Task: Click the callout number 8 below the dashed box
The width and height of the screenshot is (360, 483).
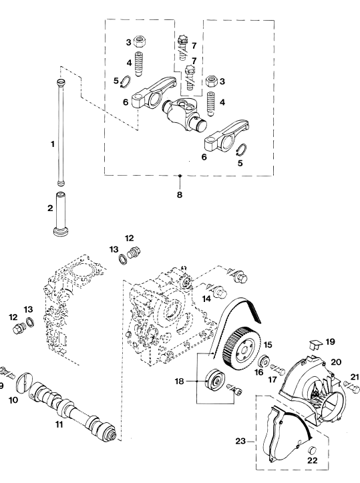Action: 180,195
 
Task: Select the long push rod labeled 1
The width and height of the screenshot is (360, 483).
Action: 61,132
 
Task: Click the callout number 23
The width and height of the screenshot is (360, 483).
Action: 240,442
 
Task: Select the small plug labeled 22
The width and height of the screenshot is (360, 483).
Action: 313,450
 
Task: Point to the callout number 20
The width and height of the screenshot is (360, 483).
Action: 336,361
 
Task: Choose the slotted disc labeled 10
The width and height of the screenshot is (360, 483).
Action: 23,383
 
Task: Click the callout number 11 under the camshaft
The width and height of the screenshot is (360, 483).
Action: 59,424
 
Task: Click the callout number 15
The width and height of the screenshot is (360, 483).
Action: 268,345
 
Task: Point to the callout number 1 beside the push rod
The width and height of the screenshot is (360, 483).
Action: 53,144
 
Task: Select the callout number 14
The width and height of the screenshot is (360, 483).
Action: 206,299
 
